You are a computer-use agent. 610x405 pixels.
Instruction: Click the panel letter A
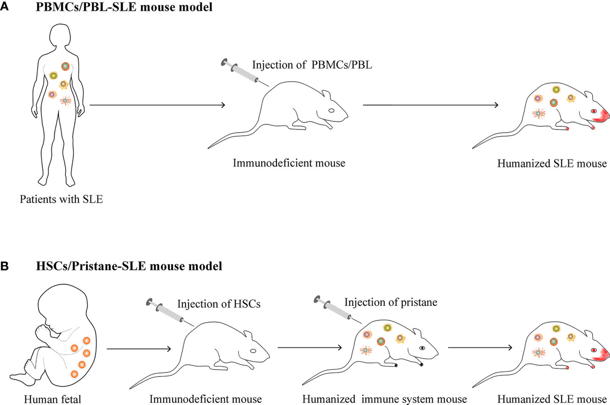tap(5, 7)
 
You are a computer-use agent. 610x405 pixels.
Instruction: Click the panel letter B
tap(5, 266)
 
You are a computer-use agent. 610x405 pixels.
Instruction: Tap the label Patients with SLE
tap(61, 198)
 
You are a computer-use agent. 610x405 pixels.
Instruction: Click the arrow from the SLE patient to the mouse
tap(158, 106)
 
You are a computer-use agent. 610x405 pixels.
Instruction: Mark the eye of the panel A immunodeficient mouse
tap(331, 110)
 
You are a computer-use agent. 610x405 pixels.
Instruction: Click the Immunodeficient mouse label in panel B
tap(205, 398)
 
